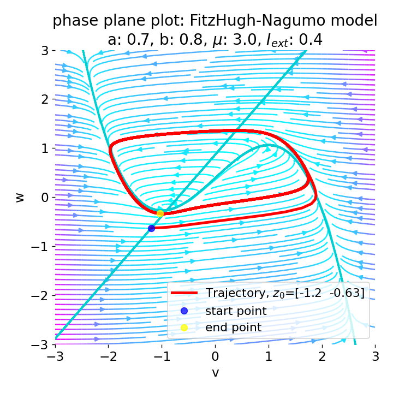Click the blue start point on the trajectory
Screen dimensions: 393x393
point(151,228)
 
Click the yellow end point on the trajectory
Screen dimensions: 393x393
point(160,213)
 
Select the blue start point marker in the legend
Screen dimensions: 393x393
point(184,311)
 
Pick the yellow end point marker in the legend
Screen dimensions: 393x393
point(184,327)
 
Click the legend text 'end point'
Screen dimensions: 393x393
point(233,327)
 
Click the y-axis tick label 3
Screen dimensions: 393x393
point(45,50)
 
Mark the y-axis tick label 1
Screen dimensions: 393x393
point(45,148)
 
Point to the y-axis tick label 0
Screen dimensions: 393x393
point(45,198)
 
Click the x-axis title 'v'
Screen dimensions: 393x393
point(216,373)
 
